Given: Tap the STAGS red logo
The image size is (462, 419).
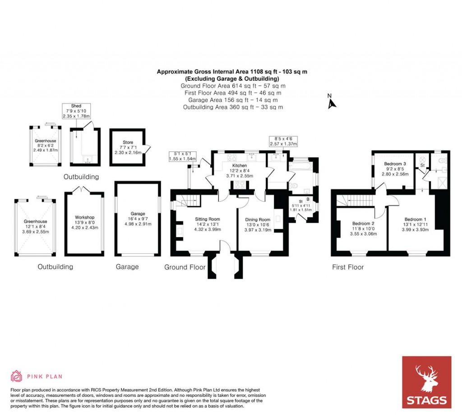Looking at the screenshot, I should coord(426,382).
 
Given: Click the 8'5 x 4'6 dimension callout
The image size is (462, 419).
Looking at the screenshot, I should coord(282,141).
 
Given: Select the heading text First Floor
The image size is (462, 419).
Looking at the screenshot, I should coord(348,267).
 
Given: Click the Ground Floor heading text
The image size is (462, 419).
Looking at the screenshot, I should coord(185,267).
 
